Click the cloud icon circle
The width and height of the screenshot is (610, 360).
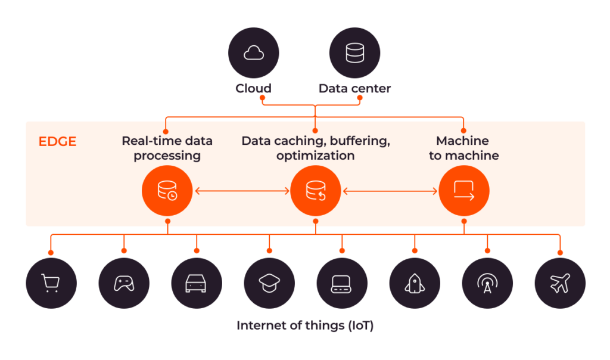(x=254, y=53)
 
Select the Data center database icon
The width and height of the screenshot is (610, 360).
(x=355, y=53)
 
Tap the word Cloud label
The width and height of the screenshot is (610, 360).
(x=253, y=88)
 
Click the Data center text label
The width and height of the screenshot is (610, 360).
(x=354, y=88)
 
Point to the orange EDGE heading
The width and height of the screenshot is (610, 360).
(x=57, y=142)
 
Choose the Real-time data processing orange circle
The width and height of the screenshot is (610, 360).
(x=167, y=191)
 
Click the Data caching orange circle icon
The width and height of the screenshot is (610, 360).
(x=315, y=191)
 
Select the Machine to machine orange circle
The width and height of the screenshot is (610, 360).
(x=463, y=191)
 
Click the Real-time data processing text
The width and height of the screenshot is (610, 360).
(x=167, y=148)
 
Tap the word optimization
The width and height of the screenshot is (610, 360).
(x=315, y=156)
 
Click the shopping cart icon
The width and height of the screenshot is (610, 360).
(x=51, y=283)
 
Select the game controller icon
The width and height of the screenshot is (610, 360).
(x=124, y=283)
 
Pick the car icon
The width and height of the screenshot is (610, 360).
(x=197, y=283)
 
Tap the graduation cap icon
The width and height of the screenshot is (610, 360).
(x=269, y=283)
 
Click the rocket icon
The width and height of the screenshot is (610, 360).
(x=415, y=283)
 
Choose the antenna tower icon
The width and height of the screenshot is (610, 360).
(x=487, y=283)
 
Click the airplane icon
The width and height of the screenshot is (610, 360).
(x=560, y=283)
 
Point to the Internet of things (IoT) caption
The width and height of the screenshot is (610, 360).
(x=304, y=326)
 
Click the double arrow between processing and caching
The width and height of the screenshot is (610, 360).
(x=241, y=191)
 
